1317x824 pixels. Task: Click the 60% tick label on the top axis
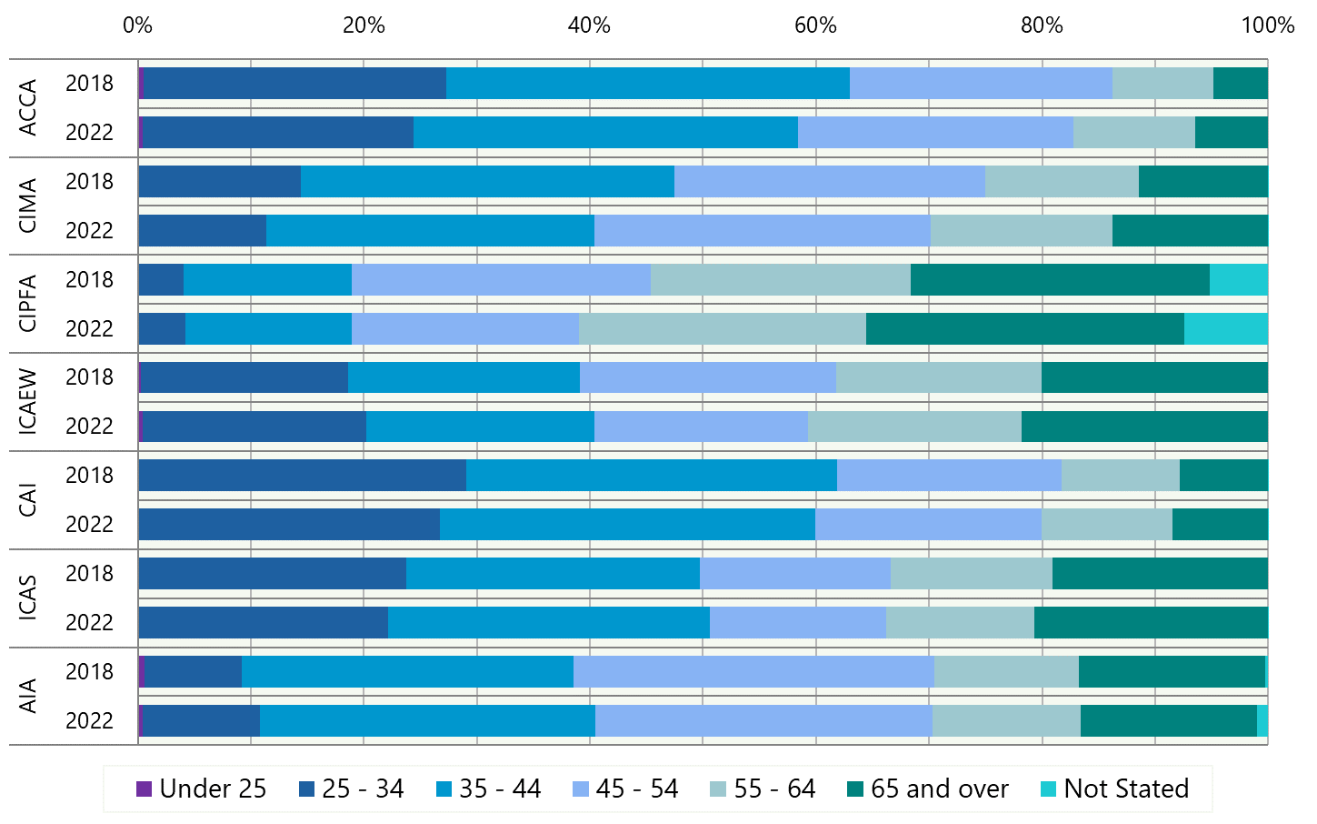(x=814, y=25)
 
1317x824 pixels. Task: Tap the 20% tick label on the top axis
(x=363, y=25)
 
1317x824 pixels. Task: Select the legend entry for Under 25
(x=202, y=789)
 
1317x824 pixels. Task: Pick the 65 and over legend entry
(x=928, y=789)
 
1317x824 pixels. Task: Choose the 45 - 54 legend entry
(x=626, y=789)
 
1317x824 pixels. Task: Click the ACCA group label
(x=28, y=107)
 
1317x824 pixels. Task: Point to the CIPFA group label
(x=28, y=304)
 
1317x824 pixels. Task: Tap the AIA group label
(x=28, y=696)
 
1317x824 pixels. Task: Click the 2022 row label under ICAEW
(x=89, y=427)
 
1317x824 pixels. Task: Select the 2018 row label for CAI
(x=89, y=476)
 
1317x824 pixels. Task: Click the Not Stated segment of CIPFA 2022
(x=1225, y=328)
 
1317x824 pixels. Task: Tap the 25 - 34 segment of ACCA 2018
(x=294, y=83)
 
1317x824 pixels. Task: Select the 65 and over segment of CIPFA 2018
(x=1060, y=279)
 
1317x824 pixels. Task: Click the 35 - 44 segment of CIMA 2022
(x=430, y=230)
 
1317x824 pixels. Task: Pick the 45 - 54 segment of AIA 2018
(x=753, y=671)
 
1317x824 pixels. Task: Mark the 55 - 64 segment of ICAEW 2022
(x=914, y=427)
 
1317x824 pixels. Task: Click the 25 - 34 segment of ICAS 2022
(x=264, y=622)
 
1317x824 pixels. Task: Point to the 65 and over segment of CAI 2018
(x=1223, y=476)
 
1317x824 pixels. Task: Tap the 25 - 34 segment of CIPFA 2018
(x=161, y=279)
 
